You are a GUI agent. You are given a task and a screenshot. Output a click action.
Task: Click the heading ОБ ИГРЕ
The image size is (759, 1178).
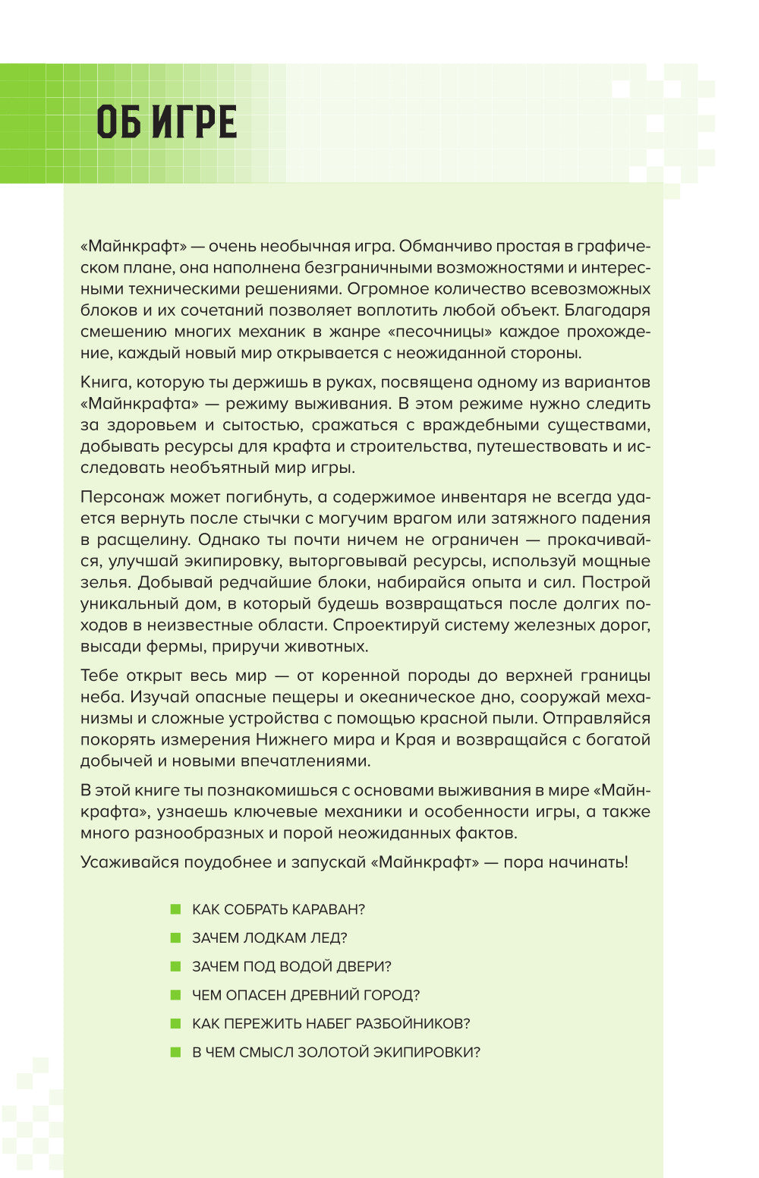tap(167, 123)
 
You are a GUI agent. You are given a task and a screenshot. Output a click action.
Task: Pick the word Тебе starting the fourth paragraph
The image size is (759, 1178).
tap(99, 676)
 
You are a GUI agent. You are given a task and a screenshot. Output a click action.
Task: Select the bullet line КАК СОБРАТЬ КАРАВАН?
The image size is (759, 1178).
tap(279, 909)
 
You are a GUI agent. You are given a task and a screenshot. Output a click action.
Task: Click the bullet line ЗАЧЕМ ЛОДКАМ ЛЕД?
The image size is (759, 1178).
tap(269, 938)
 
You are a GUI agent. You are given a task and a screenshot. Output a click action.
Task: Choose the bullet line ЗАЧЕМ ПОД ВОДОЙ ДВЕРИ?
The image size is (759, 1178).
tap(291, 966)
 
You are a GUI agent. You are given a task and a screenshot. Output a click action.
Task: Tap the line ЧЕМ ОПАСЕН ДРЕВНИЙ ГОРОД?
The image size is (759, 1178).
tap(306, 995)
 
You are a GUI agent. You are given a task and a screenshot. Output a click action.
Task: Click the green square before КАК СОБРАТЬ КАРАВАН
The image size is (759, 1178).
tap(176, 909)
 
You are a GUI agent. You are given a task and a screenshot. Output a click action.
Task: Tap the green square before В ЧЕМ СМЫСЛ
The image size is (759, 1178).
tap(176, 1052)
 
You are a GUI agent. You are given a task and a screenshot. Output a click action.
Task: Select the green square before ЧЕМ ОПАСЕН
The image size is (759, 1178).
tap(176, 995)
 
